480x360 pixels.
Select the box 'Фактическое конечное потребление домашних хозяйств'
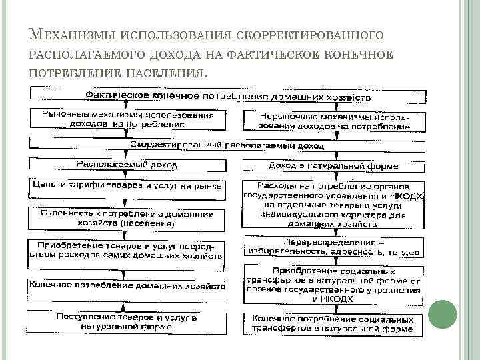pos(227,96)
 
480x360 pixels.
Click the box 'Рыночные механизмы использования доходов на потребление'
pos(127,119)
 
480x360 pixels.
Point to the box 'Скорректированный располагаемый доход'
pos(227,144)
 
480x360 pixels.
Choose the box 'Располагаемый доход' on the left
pos(127,163)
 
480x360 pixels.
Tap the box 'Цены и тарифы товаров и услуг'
pos(127,186)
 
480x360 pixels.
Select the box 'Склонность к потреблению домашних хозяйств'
pos(127,219)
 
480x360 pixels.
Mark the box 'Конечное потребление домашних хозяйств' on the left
pos(127,285)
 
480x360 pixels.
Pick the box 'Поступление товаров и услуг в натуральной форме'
pos(127,322)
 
